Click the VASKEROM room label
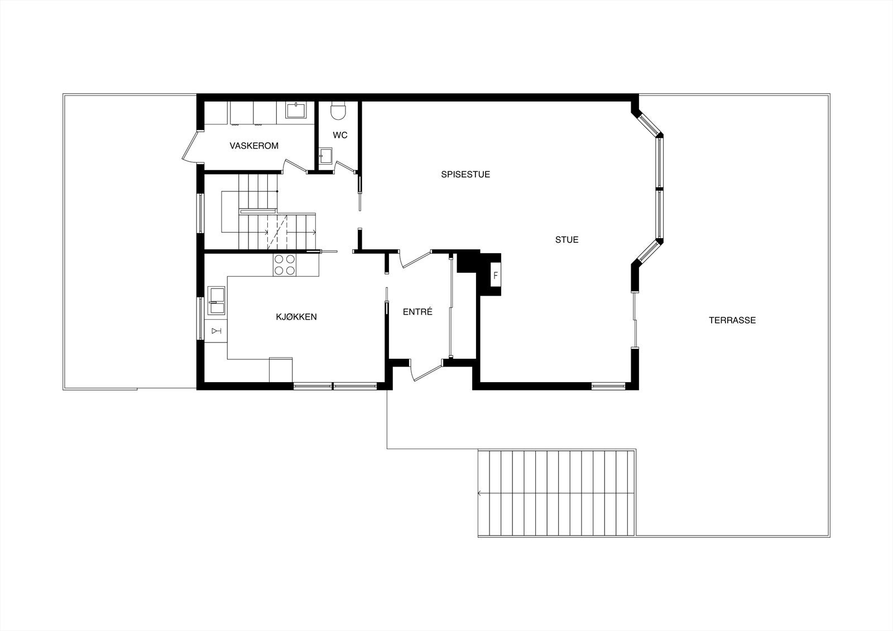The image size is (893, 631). pyautogui.click(x=254, y=146)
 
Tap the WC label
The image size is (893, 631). pyautogui.click(x=340, y=135)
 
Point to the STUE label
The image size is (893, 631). pyautogui.click(x=566, y=240)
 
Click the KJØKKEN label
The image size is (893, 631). pyautogui.click(x=296, y=317)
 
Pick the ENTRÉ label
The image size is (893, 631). pyautogui.click(x=417, y=312)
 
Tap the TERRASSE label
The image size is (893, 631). pyautogui.click(x=732, y=320)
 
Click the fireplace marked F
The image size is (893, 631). pyautogui.click(x=495, y=275)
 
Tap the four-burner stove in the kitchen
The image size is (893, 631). pyautogui.click(x=285, y=264)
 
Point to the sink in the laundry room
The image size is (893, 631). pyautogui.click(x=295, y=110)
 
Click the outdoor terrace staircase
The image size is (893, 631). pyautogui.click(x=556, y=493)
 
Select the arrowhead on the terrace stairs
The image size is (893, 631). pyautogui.click(x=479, y=493)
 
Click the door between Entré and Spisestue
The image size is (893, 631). pyautogui.click(x=414, y=259)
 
